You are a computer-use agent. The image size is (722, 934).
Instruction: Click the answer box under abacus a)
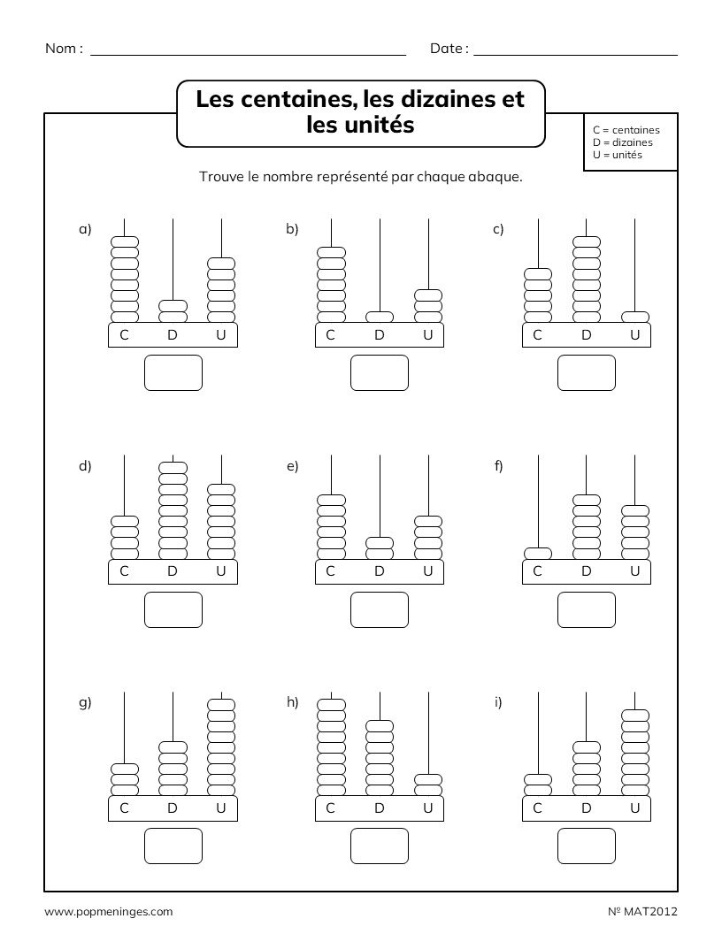[173, 372]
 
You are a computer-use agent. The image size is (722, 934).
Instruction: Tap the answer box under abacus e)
[379, 609]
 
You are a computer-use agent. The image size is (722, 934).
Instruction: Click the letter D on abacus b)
[380, 334]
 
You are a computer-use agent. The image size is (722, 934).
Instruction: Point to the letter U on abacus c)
[634, 334]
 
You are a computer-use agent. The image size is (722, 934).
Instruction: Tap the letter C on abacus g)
[124, 808]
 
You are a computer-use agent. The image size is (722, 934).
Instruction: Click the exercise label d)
[85, 466]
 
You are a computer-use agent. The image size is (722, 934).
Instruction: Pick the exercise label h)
[292, 702]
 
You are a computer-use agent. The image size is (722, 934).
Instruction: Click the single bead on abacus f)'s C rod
[537, 554]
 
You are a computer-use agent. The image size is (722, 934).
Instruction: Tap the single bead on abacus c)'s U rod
[634, 317]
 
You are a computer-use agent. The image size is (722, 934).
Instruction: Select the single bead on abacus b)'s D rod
[380, 317]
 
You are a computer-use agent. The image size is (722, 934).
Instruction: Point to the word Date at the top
[447, 49]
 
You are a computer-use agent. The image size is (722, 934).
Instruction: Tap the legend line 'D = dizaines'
[623, 142]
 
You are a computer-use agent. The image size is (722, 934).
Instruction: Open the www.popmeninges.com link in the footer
[108, 911]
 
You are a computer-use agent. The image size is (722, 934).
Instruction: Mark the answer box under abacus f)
[586, 609]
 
